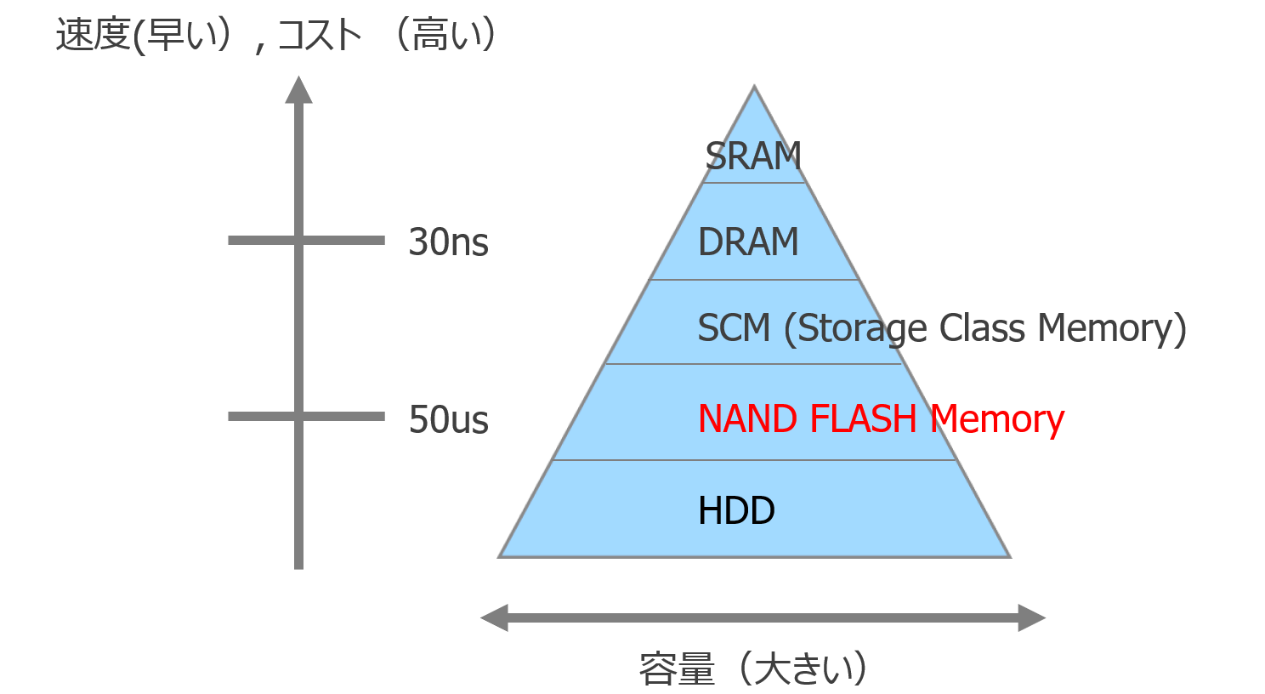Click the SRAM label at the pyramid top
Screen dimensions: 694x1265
coord(753,156)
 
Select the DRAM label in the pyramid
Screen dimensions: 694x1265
coord(748,242)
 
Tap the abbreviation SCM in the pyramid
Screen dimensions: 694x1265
coord(733,328)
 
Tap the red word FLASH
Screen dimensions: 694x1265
coord(863,419)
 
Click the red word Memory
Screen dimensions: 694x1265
coord(996,419)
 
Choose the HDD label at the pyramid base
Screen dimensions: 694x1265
coord(736,511)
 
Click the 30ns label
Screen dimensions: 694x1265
coord(448,242)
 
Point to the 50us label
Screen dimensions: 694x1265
coord(448,420)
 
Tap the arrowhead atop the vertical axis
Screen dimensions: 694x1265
coord(298,90)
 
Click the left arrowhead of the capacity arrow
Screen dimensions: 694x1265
coord(495,617)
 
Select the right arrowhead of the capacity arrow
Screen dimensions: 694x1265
coord(1031,617)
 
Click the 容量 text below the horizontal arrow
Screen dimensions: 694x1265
coord(677,668)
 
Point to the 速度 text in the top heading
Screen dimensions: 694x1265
coord(93,36)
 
